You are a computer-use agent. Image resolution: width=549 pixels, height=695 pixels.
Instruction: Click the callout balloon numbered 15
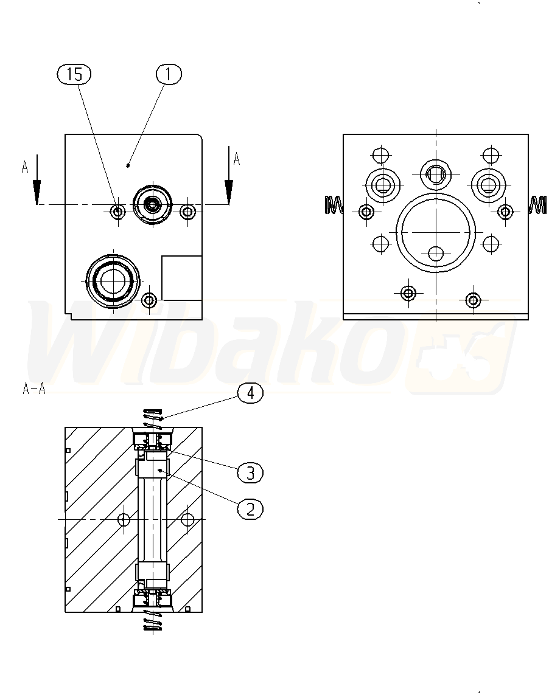coord(74,74)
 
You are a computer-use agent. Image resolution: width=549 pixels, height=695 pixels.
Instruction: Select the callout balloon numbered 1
coord(169,74)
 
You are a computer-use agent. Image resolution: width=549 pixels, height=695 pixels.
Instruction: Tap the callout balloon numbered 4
coord(250,393)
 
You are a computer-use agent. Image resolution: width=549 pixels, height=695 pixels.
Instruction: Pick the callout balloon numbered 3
coord(250,472)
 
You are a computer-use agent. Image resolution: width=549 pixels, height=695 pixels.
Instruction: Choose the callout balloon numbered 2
coord(250,509)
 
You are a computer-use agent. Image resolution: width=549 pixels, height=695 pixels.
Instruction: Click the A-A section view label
coord(34,389)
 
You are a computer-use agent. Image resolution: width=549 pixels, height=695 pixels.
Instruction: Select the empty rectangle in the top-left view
coord(182,278)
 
